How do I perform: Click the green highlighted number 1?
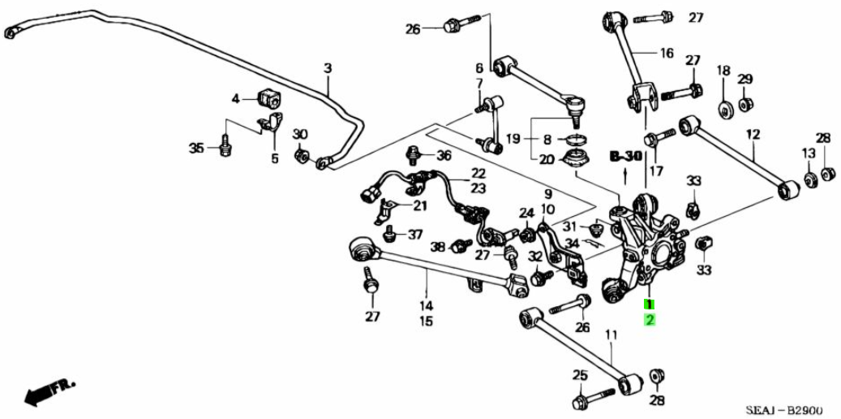pyautogui.click(x=649, y=304)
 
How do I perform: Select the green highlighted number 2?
pyautogui.click(x=649, y=320)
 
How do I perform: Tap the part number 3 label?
pyautogui.click(x=328, y=69)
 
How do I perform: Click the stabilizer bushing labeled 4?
pyautogui.click(x=268, y=98)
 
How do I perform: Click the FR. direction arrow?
pyautogui.click(x=45, y=391)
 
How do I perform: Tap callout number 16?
pyautogui.click(x=667, y=54)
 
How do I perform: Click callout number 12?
pyautogui.click(x=753, y=134)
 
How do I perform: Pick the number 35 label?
pyautogui.click(x=195, y=148)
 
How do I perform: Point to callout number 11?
pyautogui.click(x=611, y=334)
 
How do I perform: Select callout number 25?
pyautogui.click(x=579, y=375)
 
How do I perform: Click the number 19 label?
pyautogui.click(x=513, y=139)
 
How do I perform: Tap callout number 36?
pyautogui.click(x=444, y=155)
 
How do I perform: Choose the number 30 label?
pyautogui.click(x=300, y=134)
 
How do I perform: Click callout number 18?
pyautogui.click(x=723, y=71)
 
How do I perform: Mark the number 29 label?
pyautogui.click(x=745, y=79)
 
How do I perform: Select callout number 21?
pyautogui.click(x=419, y=205)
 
